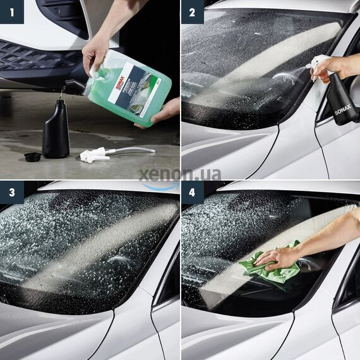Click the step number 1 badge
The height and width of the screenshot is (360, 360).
11,11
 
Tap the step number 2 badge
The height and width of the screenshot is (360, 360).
192,11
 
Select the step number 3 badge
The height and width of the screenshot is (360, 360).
11,193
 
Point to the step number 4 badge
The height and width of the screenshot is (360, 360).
192,193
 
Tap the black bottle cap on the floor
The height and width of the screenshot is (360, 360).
32,156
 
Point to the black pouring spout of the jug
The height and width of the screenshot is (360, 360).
73,87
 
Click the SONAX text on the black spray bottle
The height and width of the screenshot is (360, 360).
342,101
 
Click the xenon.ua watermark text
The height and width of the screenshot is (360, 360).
180,173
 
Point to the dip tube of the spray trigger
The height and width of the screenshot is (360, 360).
133,150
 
